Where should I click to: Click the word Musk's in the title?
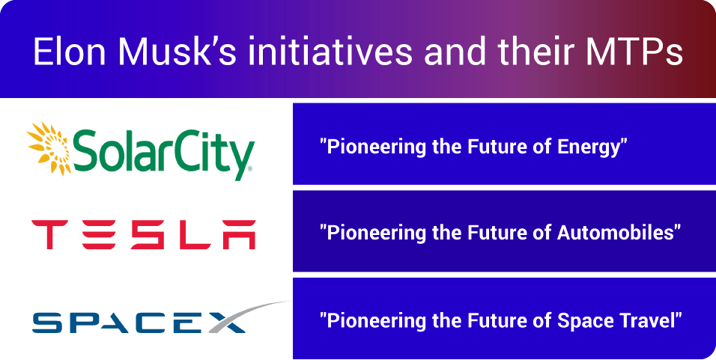(178, 51)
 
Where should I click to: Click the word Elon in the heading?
(70, 51)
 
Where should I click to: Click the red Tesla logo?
(143, 234)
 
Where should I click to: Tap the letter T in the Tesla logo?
(49, 234)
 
